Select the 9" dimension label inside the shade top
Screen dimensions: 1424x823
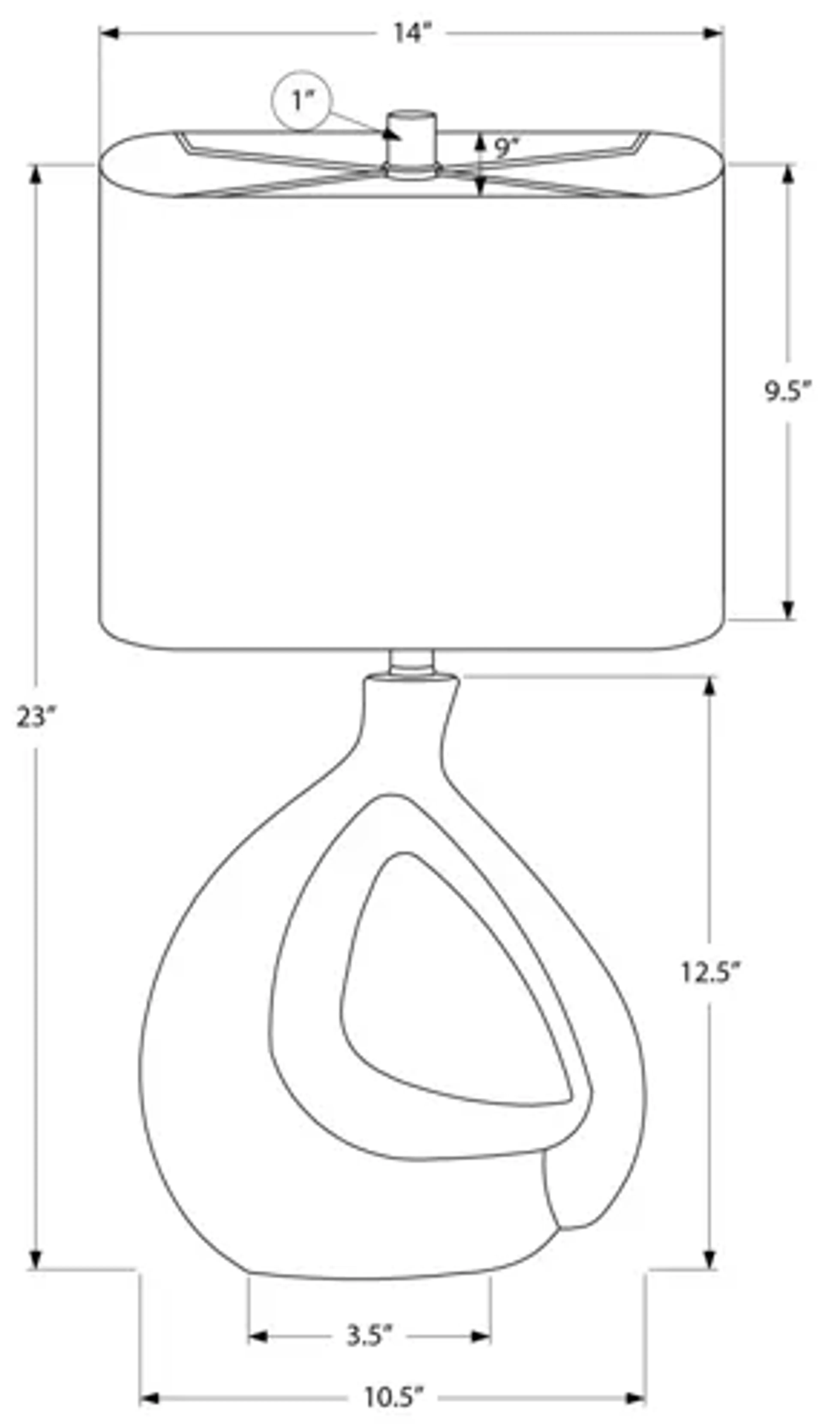[x=506, y=148]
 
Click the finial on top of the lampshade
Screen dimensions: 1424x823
[x=411, y=138]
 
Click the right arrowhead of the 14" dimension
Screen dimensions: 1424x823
[x=713, y=34]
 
